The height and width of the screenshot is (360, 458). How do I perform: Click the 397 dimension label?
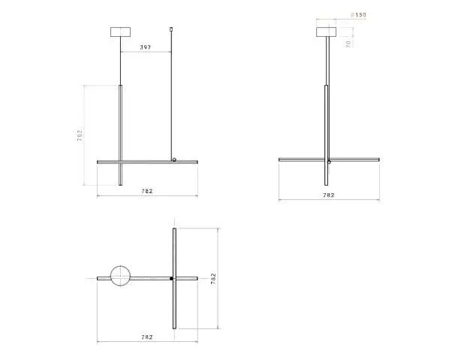(146, 47)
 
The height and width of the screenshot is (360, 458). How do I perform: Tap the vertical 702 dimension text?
(80, 135)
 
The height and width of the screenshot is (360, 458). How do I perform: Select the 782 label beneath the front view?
(147, 191)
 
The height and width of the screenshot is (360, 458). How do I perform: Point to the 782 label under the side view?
(329, 195)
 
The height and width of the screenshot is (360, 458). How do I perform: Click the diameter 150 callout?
(358, 14)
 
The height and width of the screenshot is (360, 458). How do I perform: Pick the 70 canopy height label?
(348, 44)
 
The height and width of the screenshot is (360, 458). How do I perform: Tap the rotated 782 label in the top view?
(213, 279)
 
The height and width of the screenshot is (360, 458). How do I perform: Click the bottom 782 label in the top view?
(147, 337)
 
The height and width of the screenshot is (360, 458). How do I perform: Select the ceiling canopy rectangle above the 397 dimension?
(121, 32)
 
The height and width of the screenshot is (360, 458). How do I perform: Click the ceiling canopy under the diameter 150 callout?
(327, 32)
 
